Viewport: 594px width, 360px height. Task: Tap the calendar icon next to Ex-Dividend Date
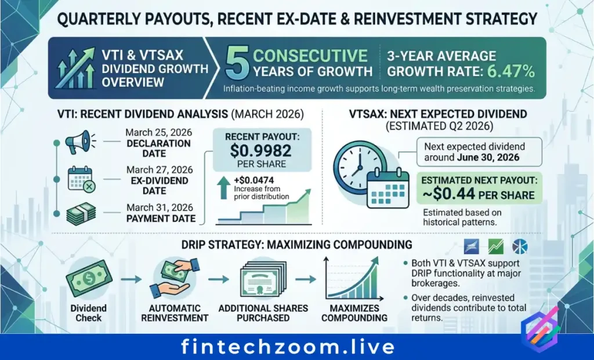(81, 179)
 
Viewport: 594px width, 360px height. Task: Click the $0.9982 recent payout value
(260, 151)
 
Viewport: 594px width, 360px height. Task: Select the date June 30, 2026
(488, 158)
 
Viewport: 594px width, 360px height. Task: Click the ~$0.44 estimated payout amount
(454, 194)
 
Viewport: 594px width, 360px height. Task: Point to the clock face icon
(357, 167)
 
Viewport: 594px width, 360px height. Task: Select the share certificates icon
(262, 280)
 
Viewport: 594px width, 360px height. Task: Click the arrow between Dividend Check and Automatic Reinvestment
(131, 280)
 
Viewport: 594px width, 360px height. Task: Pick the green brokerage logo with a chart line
(496, 247)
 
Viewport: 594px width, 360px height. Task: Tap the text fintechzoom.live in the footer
(288, 347)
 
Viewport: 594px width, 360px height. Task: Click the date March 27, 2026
(160, 170)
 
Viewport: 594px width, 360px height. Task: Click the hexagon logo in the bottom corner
(540, 329)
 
